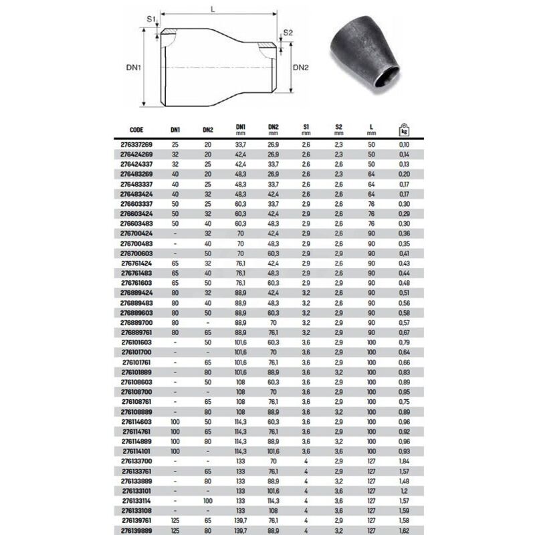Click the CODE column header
point(136,130)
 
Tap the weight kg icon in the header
point(404,130)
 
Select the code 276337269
point(136,144)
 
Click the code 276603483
point(136,224)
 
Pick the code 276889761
point(136,332)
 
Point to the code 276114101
point(136,451)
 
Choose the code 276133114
point(136,501)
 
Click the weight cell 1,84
point(404,461)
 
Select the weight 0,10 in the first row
point(404,144)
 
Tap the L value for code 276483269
point(371,175)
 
